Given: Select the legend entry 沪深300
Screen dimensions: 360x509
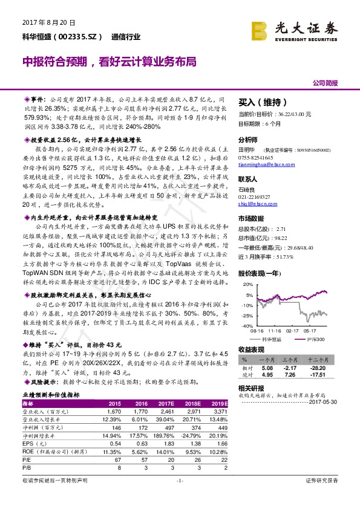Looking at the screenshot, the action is (315, 340).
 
